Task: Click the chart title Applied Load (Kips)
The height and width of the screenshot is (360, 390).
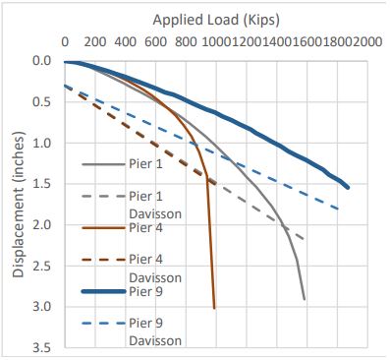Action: tap(216, 21)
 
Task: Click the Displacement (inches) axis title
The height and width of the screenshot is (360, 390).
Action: tap(19, 205)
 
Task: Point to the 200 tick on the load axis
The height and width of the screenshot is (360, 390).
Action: tap(95, 42)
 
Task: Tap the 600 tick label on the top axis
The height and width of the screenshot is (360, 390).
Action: tap(155, 42)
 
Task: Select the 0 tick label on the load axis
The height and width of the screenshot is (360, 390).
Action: tap(65, 42)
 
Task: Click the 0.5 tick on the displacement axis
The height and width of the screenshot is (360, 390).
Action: tap(42, 102)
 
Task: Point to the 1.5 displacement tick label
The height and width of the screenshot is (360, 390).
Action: tap(42, 184)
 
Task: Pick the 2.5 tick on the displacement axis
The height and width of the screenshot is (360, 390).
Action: tap(42, 266)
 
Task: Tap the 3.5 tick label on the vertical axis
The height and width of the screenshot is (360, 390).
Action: tap(42, 348)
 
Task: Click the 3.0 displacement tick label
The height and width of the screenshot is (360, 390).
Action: tap(42, 307)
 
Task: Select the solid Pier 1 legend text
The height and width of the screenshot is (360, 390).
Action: tap(145, 164)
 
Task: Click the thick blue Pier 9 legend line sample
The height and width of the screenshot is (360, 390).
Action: tap(103, 291)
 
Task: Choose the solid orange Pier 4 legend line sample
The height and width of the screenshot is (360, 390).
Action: tap(103, 227)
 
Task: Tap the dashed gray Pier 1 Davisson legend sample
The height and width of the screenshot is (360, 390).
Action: tap(103, 196)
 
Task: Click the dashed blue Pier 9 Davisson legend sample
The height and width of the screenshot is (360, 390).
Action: tap(103, 324)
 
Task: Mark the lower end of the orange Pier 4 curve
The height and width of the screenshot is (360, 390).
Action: tap(214, 308)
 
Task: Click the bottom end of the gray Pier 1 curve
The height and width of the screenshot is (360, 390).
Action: tap(305, 299)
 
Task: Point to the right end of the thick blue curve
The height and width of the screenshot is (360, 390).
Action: tap(348, 188)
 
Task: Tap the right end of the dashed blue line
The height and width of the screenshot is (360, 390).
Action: tap(338, 209)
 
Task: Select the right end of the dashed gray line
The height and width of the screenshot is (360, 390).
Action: tap(306, 239)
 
